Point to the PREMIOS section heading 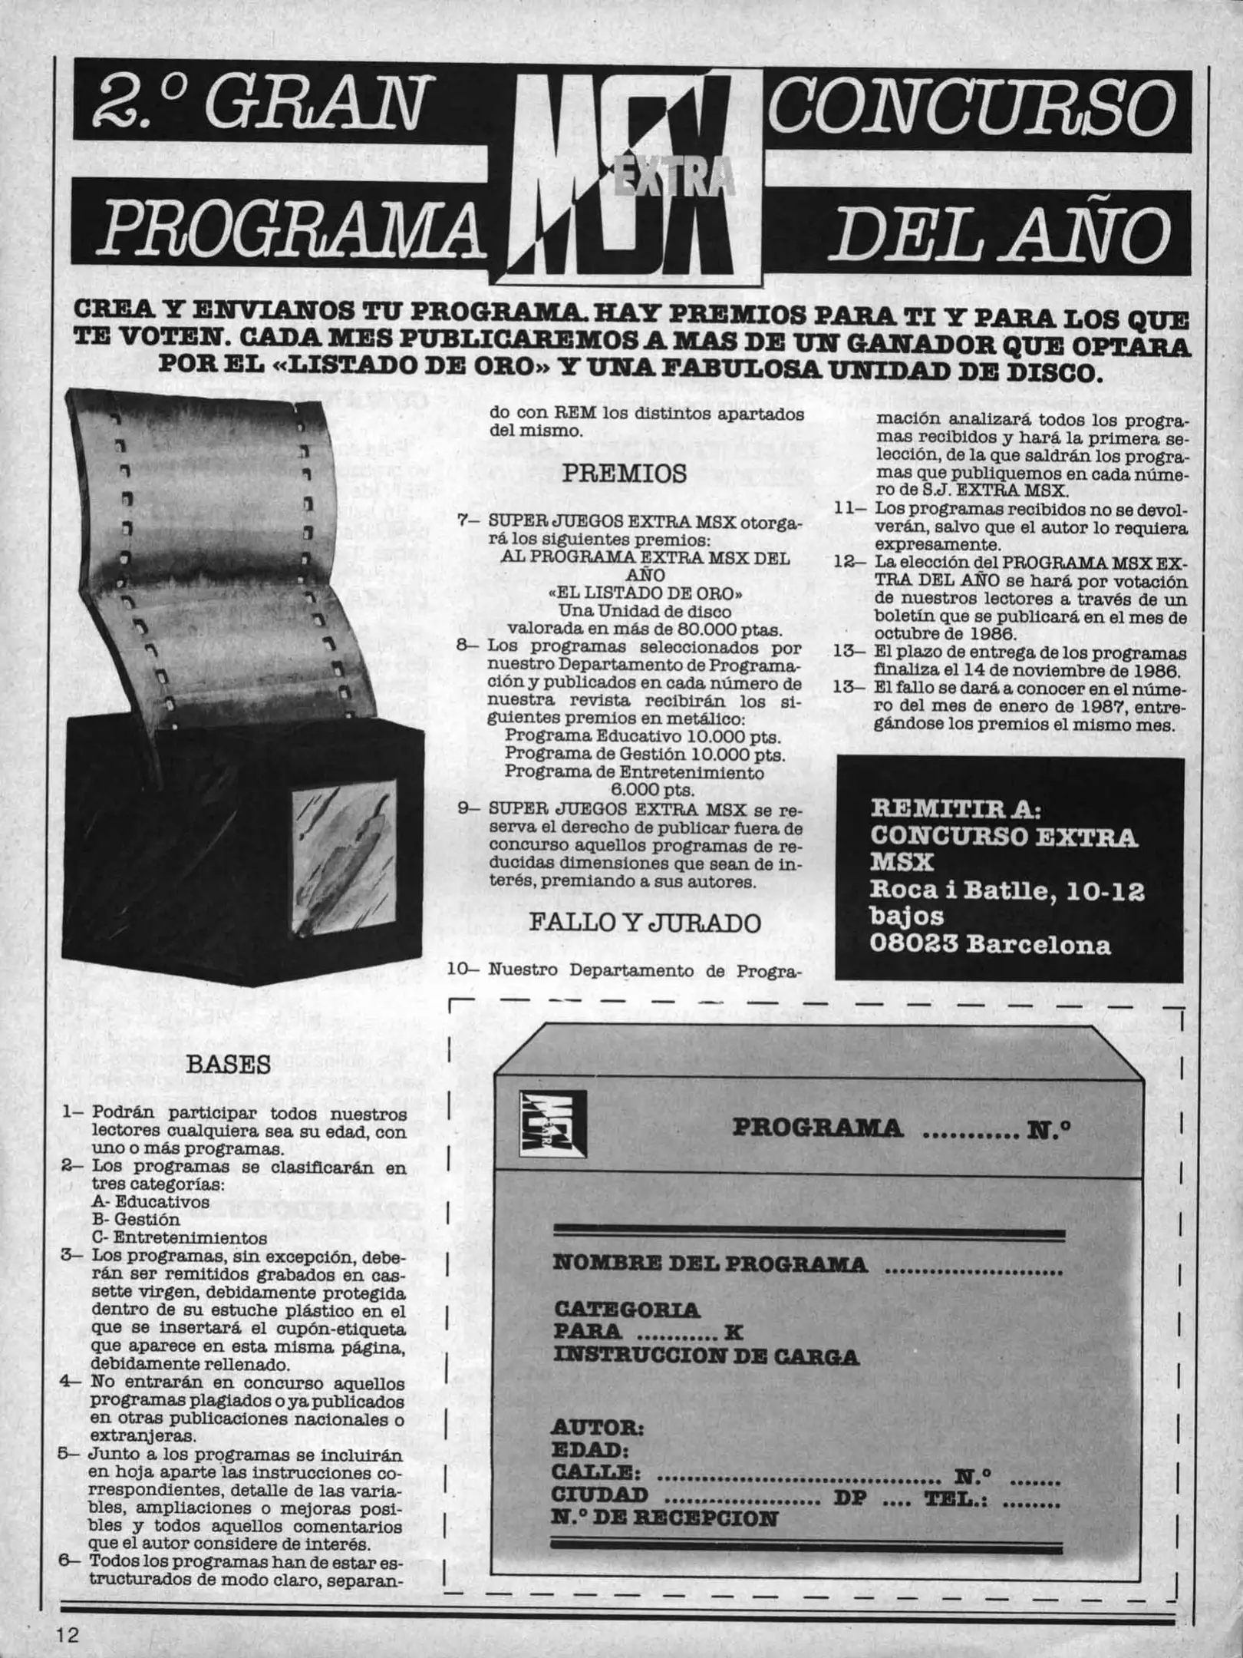tap(625, 474)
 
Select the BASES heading tap(229, 1065)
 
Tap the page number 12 tap(67, 1633)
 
